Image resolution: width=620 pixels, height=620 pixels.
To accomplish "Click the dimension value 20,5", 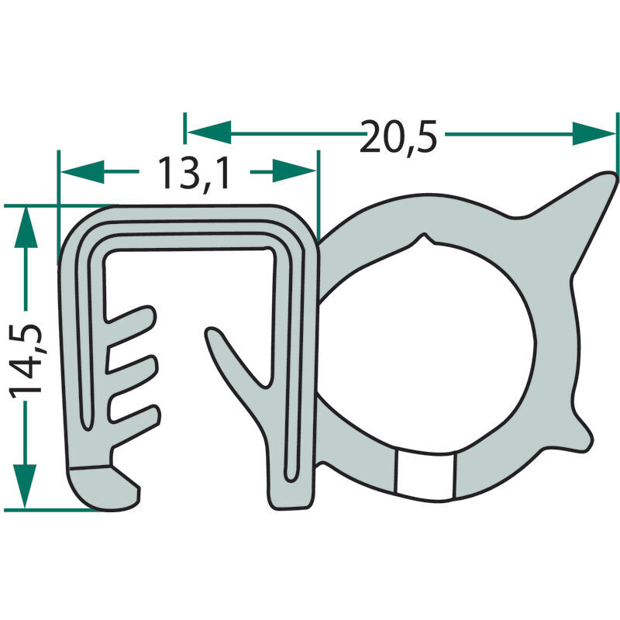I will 400,136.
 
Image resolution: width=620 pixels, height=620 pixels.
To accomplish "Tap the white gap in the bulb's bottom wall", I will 424,475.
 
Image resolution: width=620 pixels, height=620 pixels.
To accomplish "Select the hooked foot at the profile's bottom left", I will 105,487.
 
